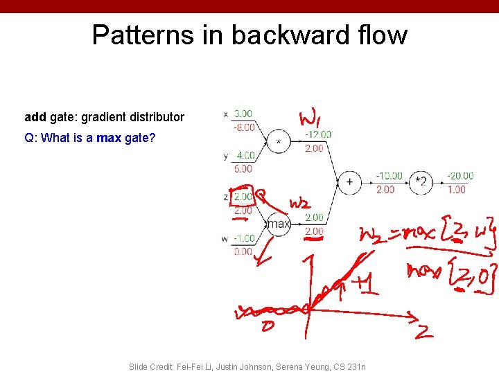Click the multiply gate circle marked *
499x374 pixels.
(x=279, y=141)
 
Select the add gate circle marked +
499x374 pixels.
(x=349, y=182)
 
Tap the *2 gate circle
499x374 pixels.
(x=420, y=182)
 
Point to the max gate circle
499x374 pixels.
(x=279, y=224)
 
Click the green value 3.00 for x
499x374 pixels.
(x=243, y=114)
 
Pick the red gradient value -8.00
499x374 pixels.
(x=243, y=127)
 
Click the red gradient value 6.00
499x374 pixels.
(x=243, y=168)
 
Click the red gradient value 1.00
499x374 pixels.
(x=457, y=189)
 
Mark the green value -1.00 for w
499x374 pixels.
(x=243, y=238)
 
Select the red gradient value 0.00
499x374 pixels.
(x=243, y=251)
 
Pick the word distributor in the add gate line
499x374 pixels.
(x=154, y=117)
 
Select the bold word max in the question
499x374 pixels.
(x=109, y=138)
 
